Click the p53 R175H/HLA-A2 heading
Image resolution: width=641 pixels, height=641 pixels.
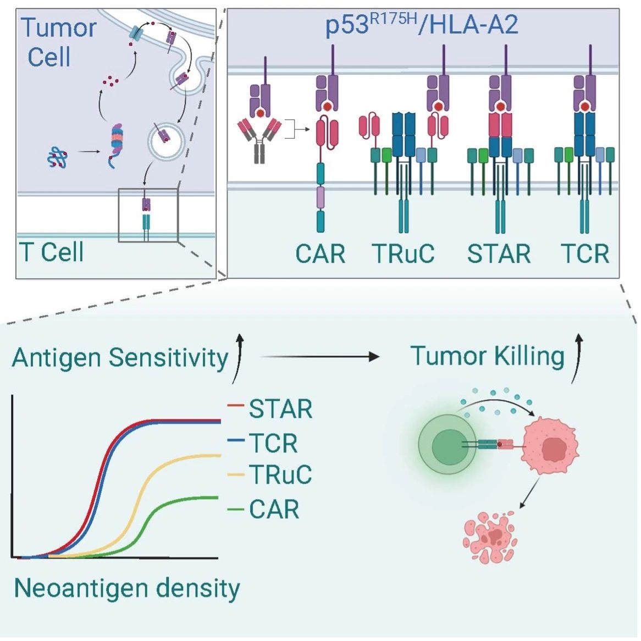422,25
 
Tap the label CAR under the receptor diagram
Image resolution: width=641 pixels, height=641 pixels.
320,254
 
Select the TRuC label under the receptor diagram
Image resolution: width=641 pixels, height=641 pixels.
403,254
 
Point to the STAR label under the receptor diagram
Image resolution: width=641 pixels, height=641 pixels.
499,254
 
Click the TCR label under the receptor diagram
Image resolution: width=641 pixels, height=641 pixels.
585,254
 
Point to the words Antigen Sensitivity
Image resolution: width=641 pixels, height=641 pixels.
120,358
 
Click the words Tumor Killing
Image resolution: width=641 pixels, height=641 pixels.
488,356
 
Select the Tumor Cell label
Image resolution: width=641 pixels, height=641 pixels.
59,42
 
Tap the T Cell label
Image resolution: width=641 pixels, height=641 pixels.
52,252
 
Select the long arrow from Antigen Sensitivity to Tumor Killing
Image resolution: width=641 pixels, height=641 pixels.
320,356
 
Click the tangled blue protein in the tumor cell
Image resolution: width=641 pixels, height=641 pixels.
58,158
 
